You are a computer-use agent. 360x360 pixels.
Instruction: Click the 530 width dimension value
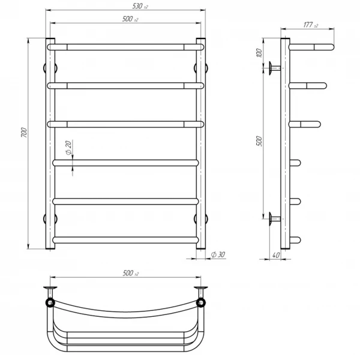[x=140, y=6]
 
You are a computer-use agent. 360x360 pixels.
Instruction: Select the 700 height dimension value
[x=24, y=133]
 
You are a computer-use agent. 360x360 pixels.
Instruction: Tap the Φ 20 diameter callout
[x=68, y=148]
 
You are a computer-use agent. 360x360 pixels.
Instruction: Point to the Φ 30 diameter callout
[x=218, y=254]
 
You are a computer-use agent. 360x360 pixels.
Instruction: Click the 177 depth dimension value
[x=311, y=25]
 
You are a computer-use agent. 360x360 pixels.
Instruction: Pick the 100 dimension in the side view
[x=259, y=53]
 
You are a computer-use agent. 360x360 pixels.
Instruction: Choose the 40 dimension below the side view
[x=276, y=255]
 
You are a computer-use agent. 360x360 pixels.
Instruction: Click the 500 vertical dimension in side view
[x=259, y=141]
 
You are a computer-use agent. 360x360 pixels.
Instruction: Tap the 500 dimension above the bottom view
[x=131, y=273]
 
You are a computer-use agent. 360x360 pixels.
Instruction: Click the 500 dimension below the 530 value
[x=130, y=19]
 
